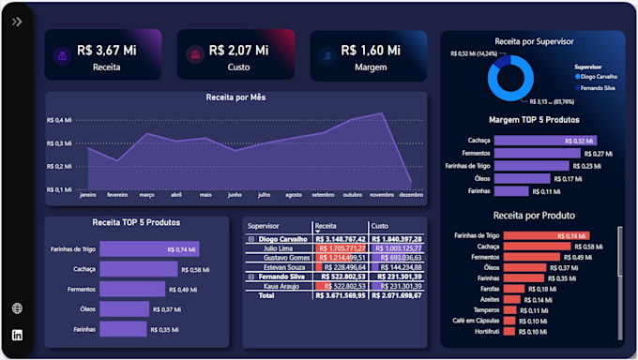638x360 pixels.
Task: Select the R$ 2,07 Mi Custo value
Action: [238, 50]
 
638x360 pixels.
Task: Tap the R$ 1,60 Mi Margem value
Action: [370, 50]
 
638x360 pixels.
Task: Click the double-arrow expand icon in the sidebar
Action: [17, 22]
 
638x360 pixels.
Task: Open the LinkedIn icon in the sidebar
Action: [17, 335]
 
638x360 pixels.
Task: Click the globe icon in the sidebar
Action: [17, 308]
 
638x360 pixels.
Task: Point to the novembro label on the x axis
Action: [380, 195]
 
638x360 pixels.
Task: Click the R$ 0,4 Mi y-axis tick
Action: [59, 120]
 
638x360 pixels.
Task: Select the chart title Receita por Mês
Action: [236, 97]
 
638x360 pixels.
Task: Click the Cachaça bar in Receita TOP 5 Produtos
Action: [138, 269]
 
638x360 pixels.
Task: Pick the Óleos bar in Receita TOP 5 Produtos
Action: [124, 309]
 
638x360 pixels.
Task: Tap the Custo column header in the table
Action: [380, 226]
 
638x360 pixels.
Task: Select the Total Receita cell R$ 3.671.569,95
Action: [340, 295]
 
